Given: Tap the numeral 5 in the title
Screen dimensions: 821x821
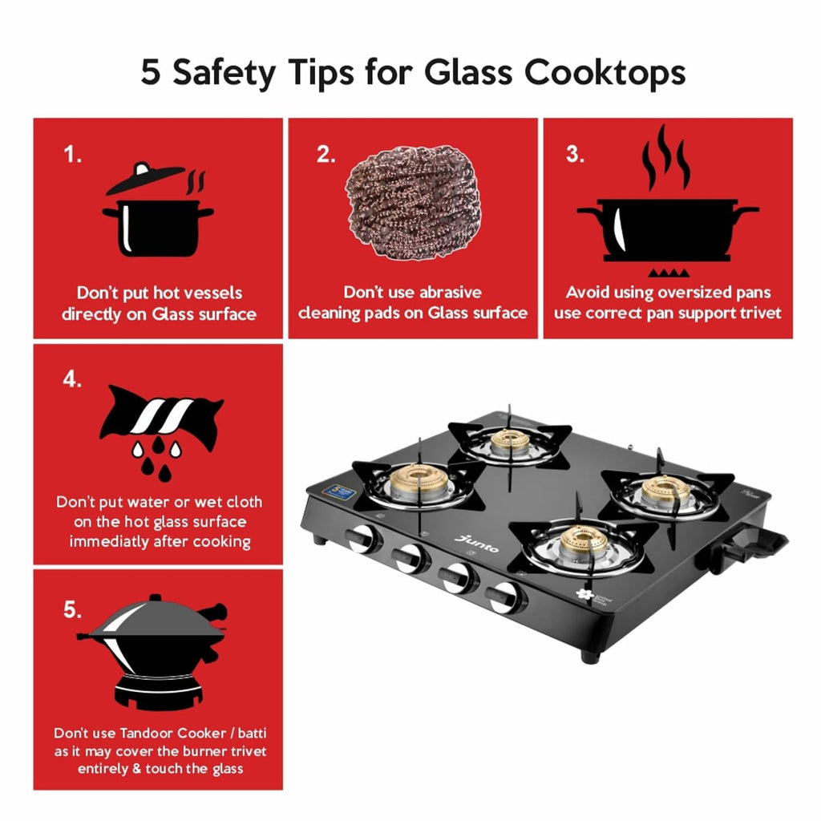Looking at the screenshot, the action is (x=150, y=71).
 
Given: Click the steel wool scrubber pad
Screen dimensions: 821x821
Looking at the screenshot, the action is (x=413, y=202).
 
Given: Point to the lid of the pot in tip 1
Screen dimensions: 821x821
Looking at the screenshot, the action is (x=145, y=177).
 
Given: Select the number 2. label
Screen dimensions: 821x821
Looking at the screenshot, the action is (x=326, y=155).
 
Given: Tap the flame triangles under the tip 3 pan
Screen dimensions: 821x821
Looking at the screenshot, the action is (x=669, y=273).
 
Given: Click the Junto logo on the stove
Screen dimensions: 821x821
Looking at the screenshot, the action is (x=476, y=544).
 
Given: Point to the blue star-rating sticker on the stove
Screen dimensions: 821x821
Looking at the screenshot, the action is (x=339, y=491).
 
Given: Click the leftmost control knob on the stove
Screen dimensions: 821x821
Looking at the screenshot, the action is (x=362, y=539).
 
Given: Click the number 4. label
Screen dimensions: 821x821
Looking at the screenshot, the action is (x=72, y=379).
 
